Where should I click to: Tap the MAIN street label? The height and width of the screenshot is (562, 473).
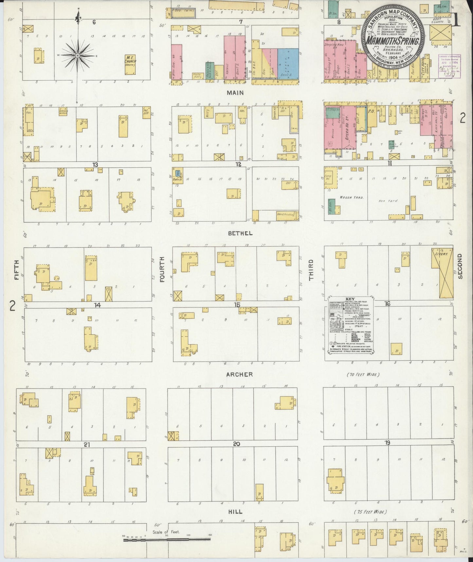[x=235, y=93]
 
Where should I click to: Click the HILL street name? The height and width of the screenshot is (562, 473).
[x=235, y=511]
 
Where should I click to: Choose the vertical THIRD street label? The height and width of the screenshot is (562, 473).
[x=311, y=270]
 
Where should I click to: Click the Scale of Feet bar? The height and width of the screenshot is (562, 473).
[x=167, y=539]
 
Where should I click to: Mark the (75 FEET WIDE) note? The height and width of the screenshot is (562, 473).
[x=371, y=512]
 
